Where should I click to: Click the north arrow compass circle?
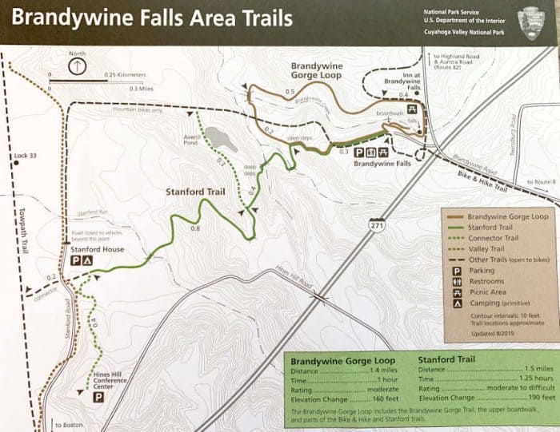click(77, 67)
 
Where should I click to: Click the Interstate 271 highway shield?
click(377, 226)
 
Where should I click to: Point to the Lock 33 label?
click(26, 156)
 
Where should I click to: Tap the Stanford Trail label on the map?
click(195, 192)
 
